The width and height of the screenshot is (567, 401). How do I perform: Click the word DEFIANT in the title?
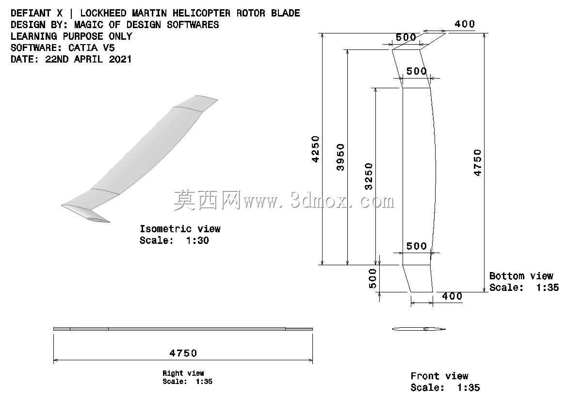tap(31, 14)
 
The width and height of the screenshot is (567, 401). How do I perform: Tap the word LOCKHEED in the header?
tap(103, 14)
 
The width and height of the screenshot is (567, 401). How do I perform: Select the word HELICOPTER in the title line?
tap(201, 14)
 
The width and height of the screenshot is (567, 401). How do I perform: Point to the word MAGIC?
tap(89, 25)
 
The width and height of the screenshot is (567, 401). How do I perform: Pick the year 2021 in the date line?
tap(120, 59)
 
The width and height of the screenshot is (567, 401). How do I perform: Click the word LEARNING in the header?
tap(33, 36)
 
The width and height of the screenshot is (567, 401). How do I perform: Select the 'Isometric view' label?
tap(180, 229)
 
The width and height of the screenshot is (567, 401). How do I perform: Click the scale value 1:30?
tap(197, 241)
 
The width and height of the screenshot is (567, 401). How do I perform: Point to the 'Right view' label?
tap(183, 373)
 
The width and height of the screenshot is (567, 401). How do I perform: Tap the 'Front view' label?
tap(439, 376)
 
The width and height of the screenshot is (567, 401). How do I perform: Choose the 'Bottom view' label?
tap(521, 276)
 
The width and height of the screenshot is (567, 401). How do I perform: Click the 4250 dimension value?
tap(316, 149)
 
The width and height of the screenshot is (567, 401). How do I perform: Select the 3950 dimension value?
tap(340, 157)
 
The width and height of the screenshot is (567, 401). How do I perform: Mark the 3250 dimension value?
tap(369, 176)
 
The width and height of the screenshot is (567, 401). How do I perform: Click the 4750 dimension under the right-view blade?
tap(183, 353)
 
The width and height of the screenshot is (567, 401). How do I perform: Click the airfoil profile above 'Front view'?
tap(419, 329)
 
